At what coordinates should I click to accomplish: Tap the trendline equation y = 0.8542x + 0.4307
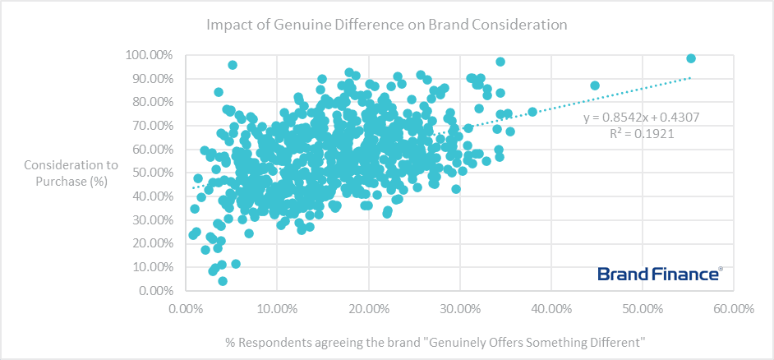tap(641, 118)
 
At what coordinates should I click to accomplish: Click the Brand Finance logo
tap(660, 274)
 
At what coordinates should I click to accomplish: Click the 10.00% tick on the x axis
tap(277, 309)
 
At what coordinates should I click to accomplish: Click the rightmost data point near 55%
tap(691, 58)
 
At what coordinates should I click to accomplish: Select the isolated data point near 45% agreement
tap(595, 85)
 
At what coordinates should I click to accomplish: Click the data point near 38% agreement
tap(532, 112)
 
